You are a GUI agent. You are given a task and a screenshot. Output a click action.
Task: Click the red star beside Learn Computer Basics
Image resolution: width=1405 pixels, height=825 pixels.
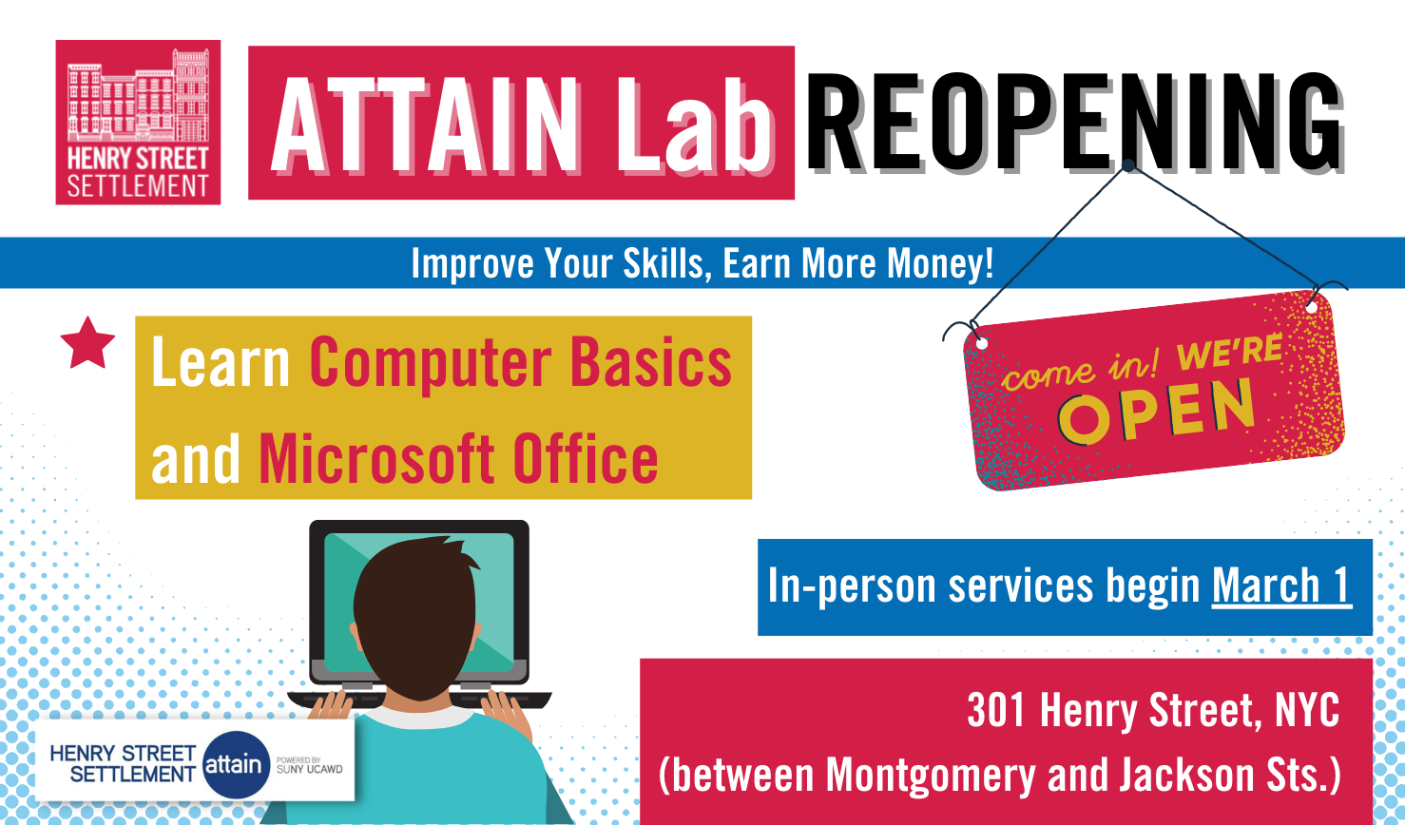tap(87, 343)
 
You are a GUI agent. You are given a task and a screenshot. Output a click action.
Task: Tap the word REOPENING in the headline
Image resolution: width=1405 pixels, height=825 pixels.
tap(1074, 123)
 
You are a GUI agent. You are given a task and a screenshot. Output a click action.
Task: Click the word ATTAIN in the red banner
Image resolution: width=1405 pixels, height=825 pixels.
tap(426, 125)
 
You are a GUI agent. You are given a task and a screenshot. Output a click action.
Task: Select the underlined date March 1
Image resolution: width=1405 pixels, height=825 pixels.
tap(1281, 585)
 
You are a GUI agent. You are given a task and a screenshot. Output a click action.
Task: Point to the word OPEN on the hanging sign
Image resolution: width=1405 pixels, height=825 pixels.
tap(1157, 411)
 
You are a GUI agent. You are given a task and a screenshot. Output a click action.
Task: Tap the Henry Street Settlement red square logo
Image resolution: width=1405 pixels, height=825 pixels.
tap(138, 123)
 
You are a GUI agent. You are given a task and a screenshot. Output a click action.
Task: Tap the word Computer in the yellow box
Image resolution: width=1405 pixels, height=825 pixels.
tap(431, 365)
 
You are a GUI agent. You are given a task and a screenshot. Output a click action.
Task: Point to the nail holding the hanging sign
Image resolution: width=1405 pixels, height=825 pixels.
tap(1128, 165)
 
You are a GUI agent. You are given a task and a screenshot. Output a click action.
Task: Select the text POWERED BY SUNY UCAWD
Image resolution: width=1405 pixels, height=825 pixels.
tap(309, 765)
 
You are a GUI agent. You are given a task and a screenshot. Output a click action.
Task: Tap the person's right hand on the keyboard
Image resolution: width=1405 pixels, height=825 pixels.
tap(506, 712)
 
